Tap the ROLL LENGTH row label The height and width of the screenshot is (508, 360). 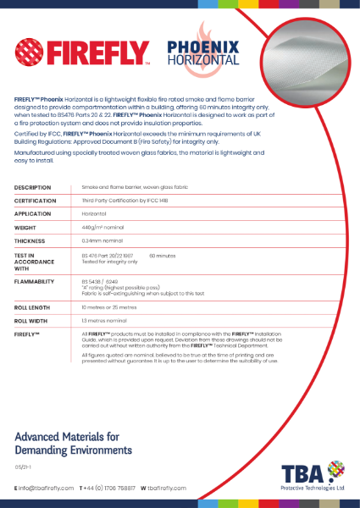pyautogui.click(x=32, y=307)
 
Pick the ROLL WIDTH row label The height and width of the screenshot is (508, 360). pyautogui.click(x=31, y=321)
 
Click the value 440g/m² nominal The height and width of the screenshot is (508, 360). pyautogui.click(x=102, y=228)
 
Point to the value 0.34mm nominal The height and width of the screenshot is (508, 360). pyautogui.click(x=101, y=241)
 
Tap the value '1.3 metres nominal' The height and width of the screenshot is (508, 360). pyautogui.click(x=104, y=321)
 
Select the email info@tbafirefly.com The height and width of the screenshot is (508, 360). pyautogui.click(x=46, y=489)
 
